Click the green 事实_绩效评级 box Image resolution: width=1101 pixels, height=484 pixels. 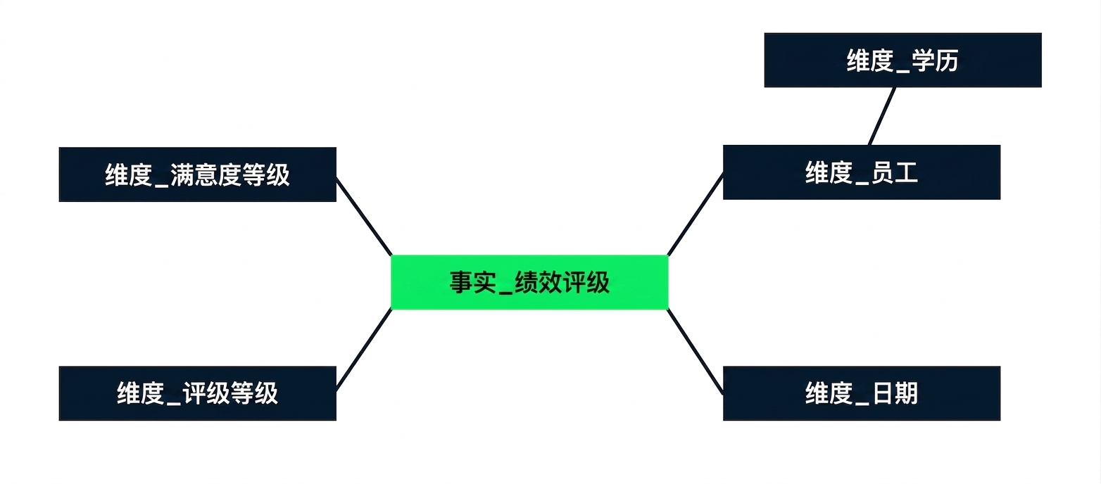pos(529,282)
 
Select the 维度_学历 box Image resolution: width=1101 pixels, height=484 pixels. pos(902,60)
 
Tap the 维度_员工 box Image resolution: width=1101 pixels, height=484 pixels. pos(862,172)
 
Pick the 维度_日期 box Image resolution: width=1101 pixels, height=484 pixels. pos(862,393)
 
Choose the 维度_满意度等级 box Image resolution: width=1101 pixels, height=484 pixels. pos(198,174)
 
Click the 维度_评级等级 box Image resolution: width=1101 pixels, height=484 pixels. pos(198,393)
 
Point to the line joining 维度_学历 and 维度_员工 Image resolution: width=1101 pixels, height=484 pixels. pos(882,116)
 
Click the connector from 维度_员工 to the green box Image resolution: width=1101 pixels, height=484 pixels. pos(696,214)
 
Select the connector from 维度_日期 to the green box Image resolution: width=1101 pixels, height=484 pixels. pos(696,351)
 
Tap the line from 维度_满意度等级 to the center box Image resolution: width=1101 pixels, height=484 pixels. pos(364,217)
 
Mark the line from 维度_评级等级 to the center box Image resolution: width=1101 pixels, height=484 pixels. pos(364,350)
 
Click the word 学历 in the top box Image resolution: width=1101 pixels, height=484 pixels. pos(935,61)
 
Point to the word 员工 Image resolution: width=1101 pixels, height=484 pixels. pos(894,173)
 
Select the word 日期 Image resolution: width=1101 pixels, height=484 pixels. pos(894,393)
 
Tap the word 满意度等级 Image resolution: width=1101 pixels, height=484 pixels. pos(230,175)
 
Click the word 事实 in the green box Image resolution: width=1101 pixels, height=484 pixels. pos(473,283)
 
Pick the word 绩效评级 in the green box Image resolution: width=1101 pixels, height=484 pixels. pos(562,283)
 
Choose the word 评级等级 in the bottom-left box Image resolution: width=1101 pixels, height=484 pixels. pos(230,393)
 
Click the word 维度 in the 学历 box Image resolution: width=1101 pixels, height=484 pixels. pos(870,61)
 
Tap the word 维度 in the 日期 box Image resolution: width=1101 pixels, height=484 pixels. pos(829,393)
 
